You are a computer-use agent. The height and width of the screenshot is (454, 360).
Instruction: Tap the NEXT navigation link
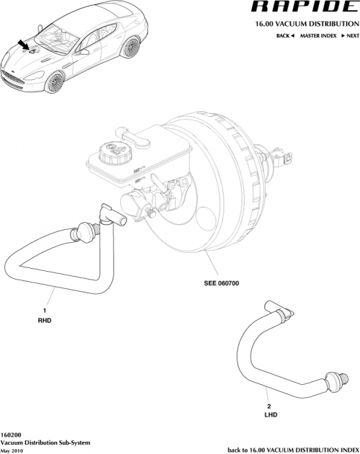point(350,35)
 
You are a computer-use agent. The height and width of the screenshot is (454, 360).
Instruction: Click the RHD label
point(45,319)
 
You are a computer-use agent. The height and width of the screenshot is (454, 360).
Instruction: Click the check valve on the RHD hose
point(86,231)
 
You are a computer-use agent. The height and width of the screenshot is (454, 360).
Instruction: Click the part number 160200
point(11,435)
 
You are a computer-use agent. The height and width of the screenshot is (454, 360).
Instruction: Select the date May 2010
point(13,449)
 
